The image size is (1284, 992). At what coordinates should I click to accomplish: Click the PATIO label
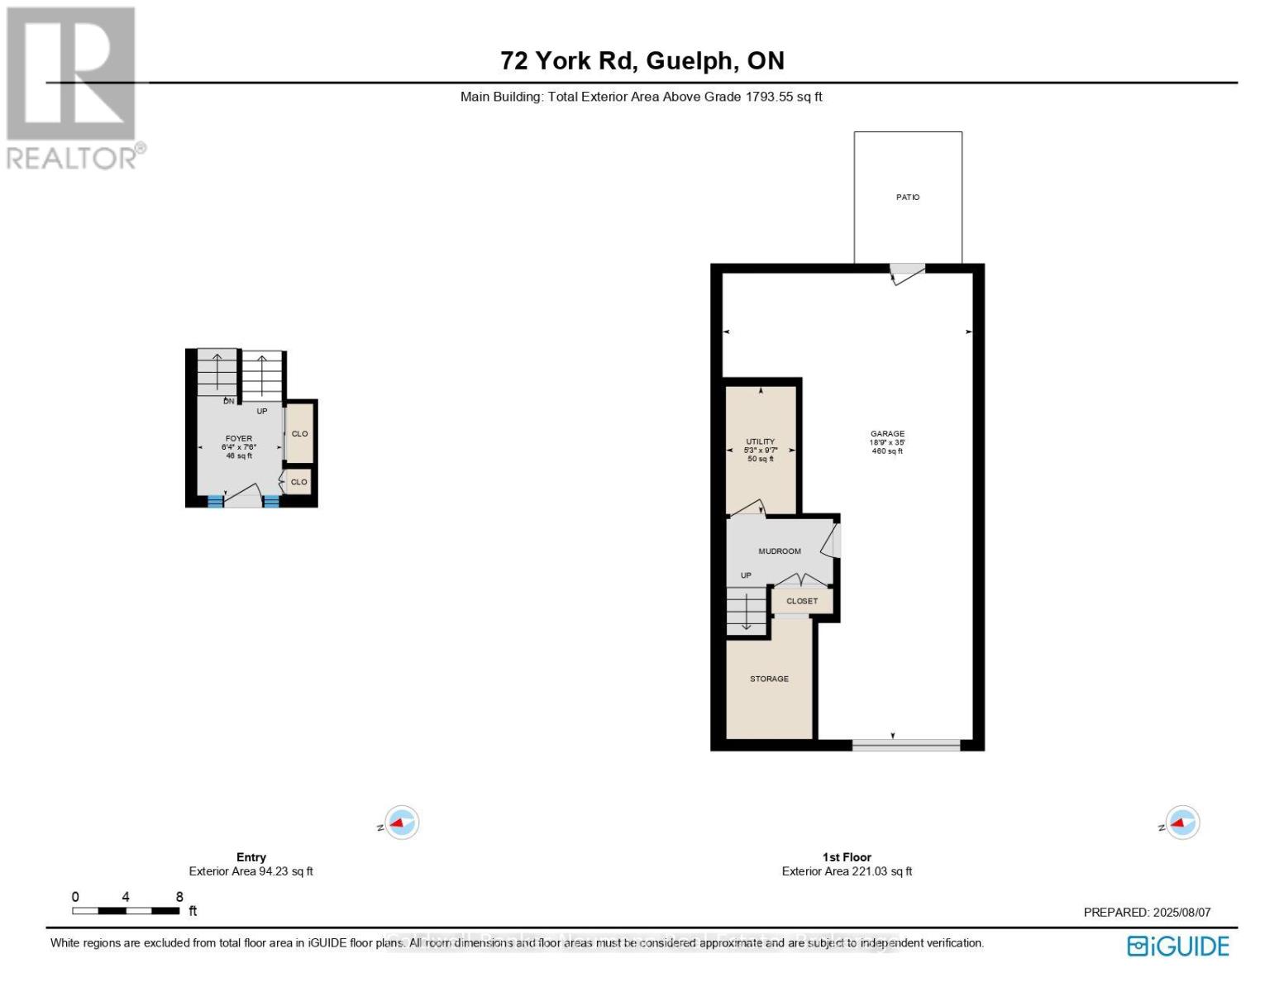pos(908,198)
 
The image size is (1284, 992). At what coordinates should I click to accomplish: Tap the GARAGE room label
pos(887,434)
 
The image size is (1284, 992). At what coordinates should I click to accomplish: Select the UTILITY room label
pos(760,441)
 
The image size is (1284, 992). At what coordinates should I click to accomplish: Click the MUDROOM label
pos(780,551)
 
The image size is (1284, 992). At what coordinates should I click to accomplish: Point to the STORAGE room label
pos(769,679)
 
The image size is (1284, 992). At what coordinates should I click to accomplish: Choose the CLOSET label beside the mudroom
pos(802,601)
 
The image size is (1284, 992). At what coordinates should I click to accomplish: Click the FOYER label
pos(239,439)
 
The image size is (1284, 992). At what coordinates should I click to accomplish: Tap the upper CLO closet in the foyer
pos(299,434)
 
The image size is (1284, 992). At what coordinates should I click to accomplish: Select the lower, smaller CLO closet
pos(298,482)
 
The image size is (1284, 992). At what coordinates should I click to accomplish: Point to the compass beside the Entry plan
pos(403,823)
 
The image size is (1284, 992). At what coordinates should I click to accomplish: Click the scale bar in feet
pos(126,911)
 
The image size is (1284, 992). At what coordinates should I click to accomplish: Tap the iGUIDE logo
pos(1178,946)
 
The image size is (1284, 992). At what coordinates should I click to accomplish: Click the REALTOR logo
pos(73,87)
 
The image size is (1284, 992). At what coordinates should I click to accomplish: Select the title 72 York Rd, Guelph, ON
pos(642,60)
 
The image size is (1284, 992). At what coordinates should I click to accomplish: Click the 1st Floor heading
pos(847,857)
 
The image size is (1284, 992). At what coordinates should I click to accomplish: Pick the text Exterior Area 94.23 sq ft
pos(251,871)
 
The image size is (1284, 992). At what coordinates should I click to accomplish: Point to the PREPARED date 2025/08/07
pos(1147,913)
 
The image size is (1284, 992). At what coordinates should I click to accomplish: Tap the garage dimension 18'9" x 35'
pos(887,443)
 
